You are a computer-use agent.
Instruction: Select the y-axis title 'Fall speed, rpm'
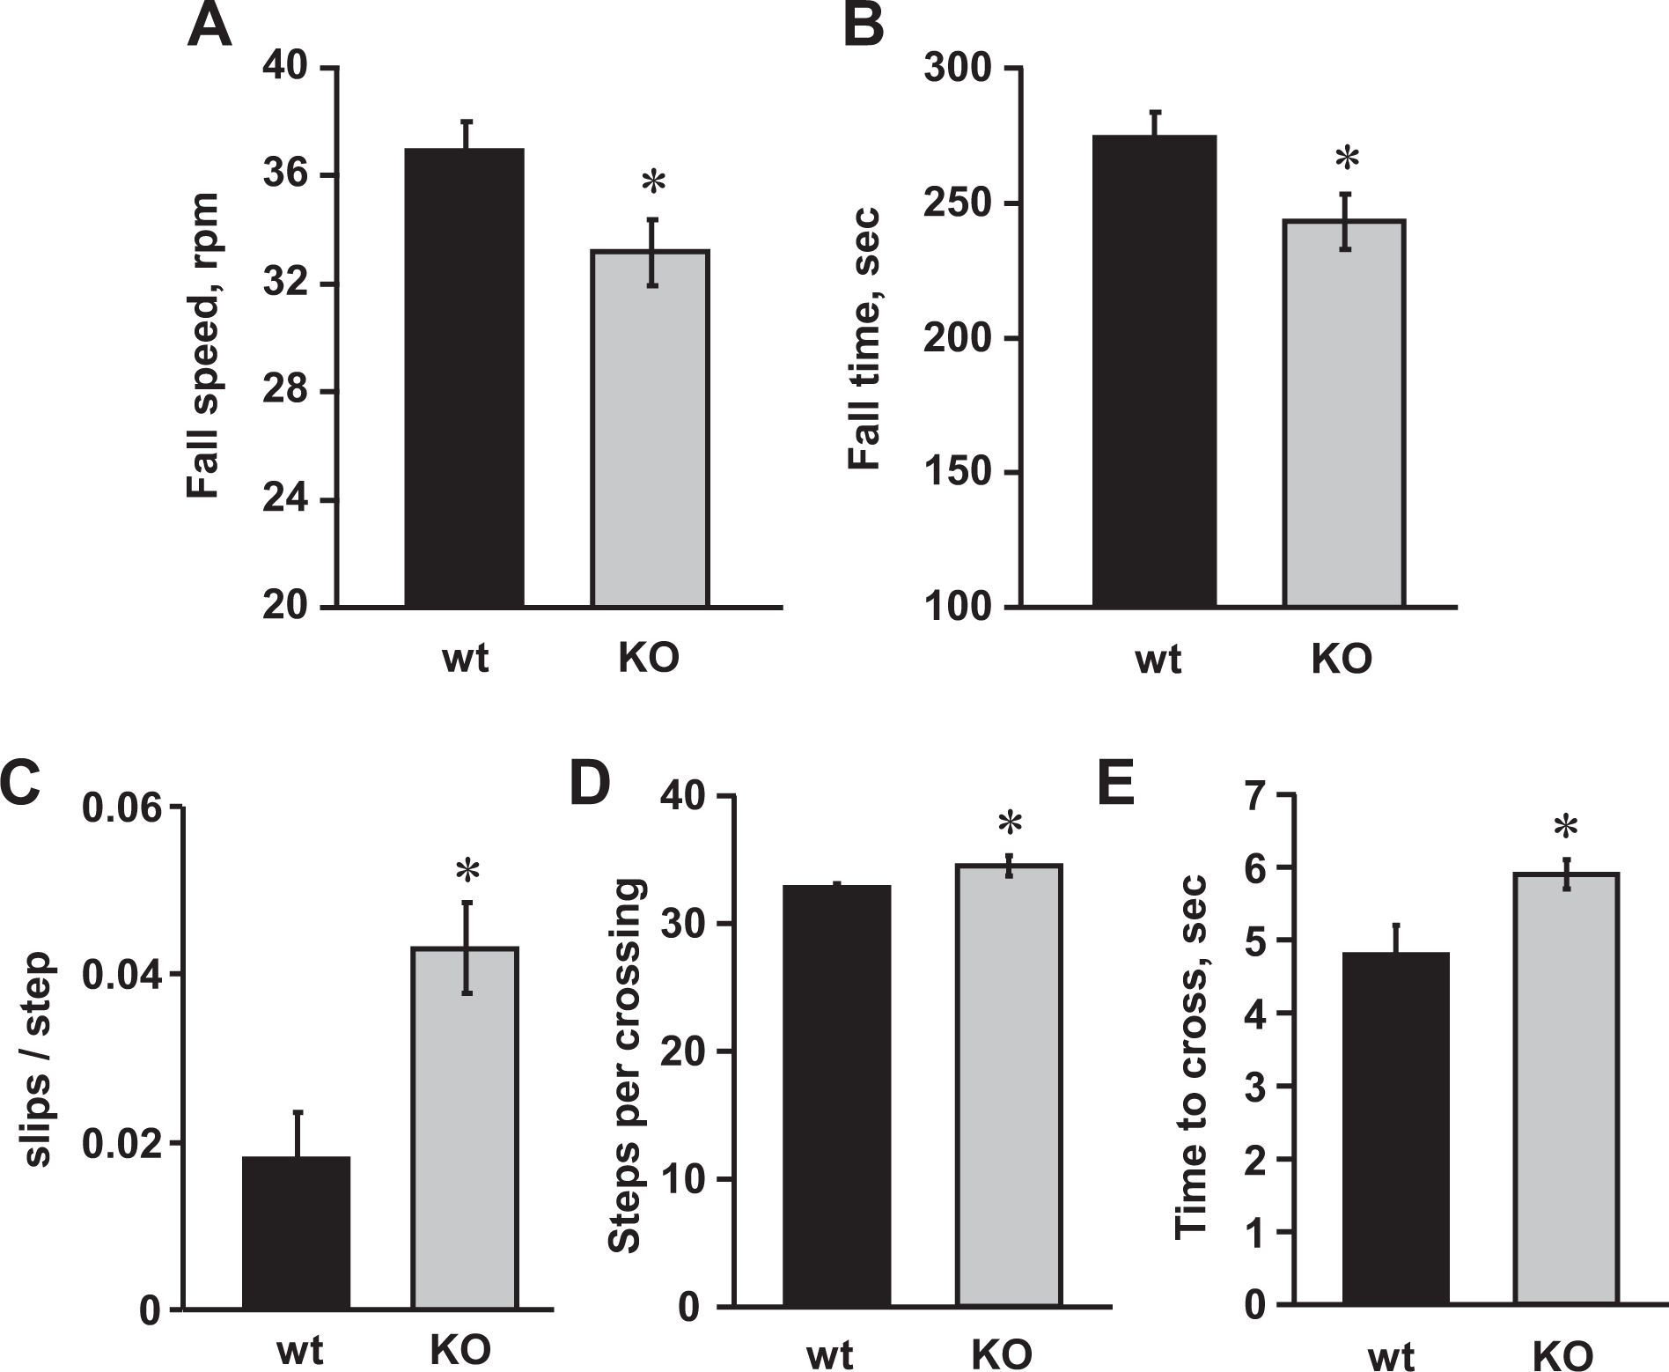point(203,347)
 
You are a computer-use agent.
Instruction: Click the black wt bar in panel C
point(296,1233)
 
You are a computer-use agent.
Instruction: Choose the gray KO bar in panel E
point(1566,1088)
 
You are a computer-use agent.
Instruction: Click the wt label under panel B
point(1158,659)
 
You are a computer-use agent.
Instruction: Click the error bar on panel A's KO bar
point(652,253)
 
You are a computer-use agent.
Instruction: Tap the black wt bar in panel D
point(836,1095)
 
